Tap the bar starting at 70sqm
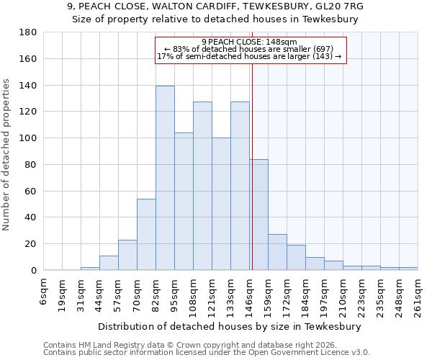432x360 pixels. coord(146,234)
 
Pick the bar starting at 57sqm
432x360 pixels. coord(127,255)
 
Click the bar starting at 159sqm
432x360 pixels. coord(277,252)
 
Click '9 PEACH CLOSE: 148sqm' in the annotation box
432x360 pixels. coord(249,42)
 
